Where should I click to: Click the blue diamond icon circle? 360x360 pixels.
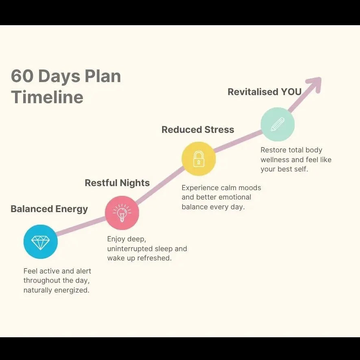click(x=41, y=242)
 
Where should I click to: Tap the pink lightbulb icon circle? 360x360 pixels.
click(x=122, y=213)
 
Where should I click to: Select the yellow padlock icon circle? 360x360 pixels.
click(x=199, y=159)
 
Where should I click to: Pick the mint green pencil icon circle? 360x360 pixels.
click(x=278, y=124)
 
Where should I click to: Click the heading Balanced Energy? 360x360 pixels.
click(x=49, y=209)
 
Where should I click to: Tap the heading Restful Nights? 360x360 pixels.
click(x=117, y=183)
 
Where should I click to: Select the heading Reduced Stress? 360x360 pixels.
click(x=198, y=130)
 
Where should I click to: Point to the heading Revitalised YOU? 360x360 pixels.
click(x=265, y=92)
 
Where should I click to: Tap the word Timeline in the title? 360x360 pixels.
click(x=47, y=97)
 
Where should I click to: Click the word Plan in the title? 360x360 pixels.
click(x=103, y=76)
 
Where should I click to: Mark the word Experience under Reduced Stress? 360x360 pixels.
click(x=200, y=188)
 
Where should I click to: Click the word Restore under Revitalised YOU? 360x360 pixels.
click(x=273, y=150)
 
